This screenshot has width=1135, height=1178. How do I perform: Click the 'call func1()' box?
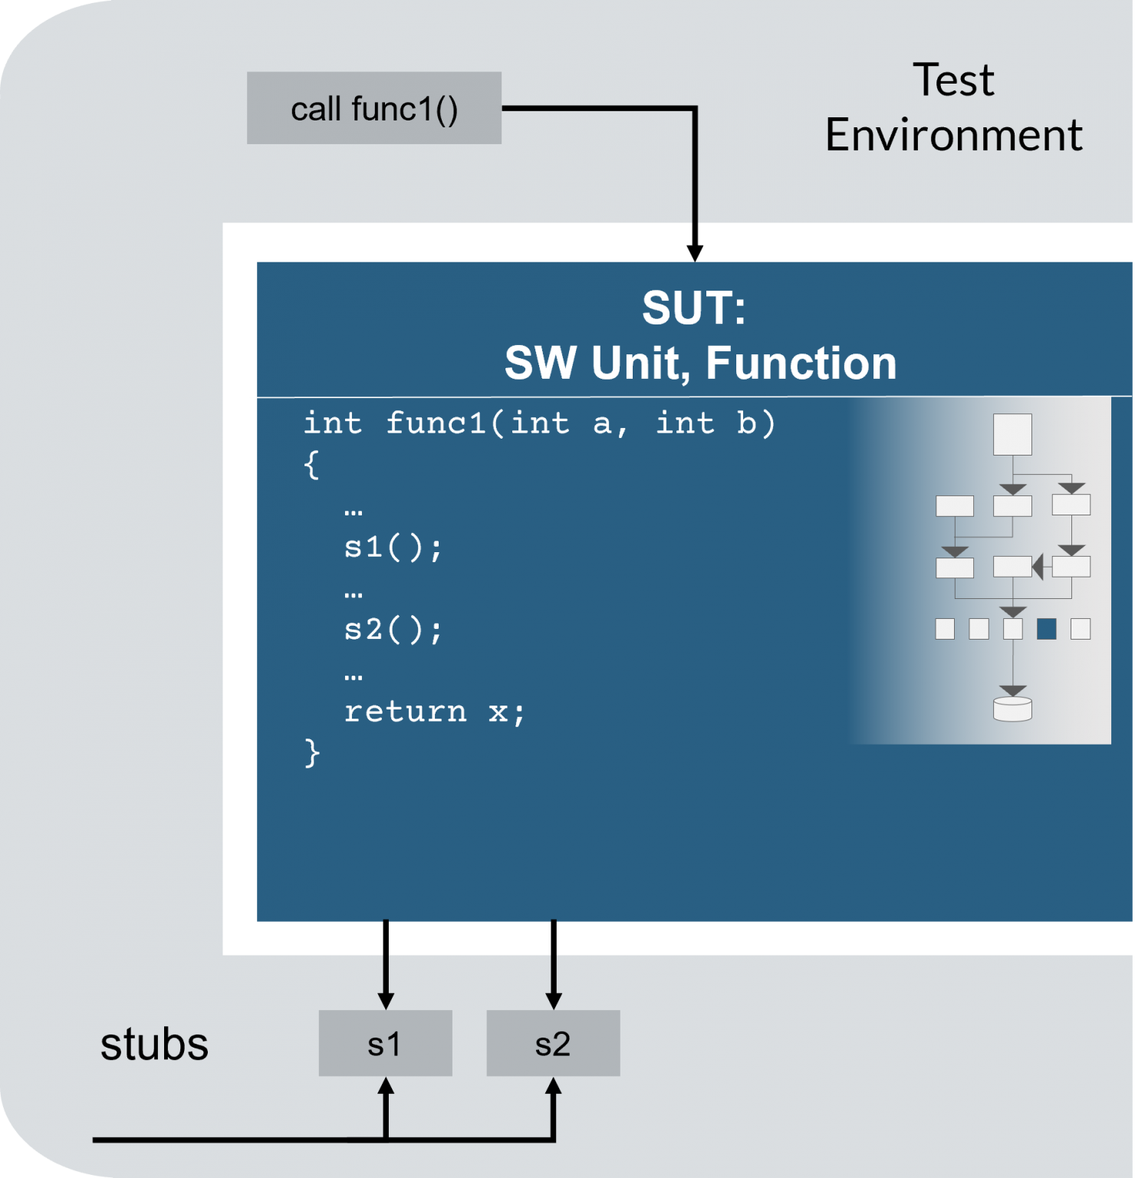pyautogui.click(x=374, y=108)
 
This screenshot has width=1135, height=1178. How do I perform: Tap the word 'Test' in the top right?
pyautogui.click(x=953, y=80)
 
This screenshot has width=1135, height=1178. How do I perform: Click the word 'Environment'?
pyautogui.click(x=953, y=135)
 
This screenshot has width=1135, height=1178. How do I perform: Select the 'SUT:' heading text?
pyautogui.click(x=694, y=308)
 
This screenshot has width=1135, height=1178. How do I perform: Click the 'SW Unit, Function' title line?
pyautogui.click(x=700, y=363)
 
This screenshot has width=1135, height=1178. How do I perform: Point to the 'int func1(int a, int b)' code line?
pyautogui.click(x=539, y=423)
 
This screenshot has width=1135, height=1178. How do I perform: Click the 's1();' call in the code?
pyautogui.click(x=393, y=548)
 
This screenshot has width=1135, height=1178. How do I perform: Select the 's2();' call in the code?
pyautogui.click(x=393, y=630)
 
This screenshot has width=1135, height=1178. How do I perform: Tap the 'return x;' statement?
pyautogui.click(x=434, y=712)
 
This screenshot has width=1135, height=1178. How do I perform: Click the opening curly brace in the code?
pyautogui.click(x=311, y=465)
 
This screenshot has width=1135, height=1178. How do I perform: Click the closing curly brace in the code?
pyautogui.click(x=311, y=753)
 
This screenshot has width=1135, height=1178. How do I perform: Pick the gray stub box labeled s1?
pyautogui.click(x=385, y=1043)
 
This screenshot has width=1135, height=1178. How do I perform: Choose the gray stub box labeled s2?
pyautogui.click(x=553, y=1043)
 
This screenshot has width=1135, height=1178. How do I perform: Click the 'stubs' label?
pyautogui.click(x=154, y=1044)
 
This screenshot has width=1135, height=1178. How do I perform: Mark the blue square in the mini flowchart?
pyautogui.click(x=1046, y=629)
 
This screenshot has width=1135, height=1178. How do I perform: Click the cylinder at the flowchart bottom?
pyautogui.click(x=1012, y=709)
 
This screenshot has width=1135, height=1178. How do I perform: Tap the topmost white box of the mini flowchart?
pyautogui.click(x=1012, y=434)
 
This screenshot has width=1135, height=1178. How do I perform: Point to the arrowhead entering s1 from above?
pyautogui.click(x=386, y=1000)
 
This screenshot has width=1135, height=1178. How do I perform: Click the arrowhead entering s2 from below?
pyautogui.click(x=553, y=1087)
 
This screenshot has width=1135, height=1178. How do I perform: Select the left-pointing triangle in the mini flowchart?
pyautogui.click(x=1038, y=567)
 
